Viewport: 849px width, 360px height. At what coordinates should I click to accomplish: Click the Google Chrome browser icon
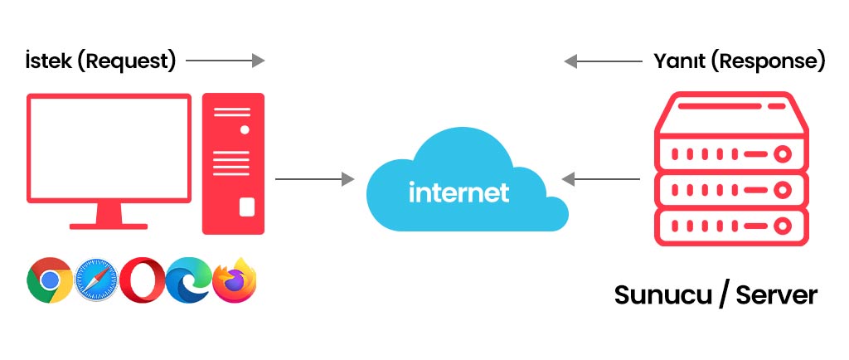50,280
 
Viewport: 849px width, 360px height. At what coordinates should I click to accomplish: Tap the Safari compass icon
96,280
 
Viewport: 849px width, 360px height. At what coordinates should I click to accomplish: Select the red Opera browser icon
142,280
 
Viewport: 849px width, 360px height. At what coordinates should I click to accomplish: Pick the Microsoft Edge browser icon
188,280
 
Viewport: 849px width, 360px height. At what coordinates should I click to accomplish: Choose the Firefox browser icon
235,280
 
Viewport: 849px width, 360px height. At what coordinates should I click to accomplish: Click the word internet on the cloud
458,192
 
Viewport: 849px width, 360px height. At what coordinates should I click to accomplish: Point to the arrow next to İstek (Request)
226,61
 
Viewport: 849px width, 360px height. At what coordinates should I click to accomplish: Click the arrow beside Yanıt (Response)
604,61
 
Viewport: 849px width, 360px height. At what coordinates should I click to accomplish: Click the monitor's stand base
109,224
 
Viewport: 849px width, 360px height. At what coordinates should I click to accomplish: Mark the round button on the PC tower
245,130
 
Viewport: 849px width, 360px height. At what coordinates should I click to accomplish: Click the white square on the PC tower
246,207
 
